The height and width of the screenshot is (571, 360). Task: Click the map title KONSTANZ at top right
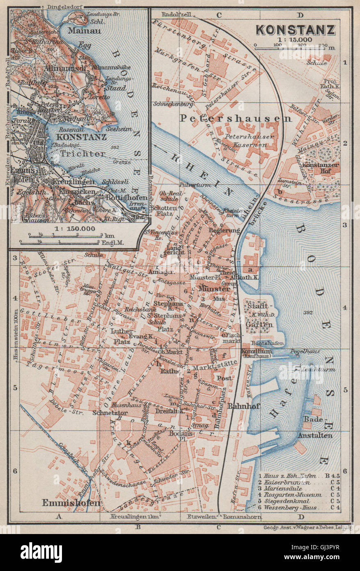click(x=296, y=30)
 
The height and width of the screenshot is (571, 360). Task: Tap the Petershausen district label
click(x=235, y=119)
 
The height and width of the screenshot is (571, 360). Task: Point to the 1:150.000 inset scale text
click(x=75, y=228)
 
